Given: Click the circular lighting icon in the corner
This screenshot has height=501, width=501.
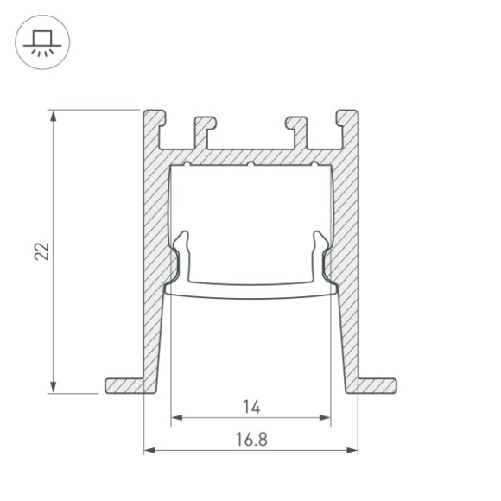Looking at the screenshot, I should click(36, 41).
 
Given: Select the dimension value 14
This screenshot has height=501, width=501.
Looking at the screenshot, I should click(251, 405).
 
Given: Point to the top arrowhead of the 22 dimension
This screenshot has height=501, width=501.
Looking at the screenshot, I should click(55, 115).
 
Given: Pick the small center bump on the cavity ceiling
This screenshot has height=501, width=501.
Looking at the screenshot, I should click(250, 163).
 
